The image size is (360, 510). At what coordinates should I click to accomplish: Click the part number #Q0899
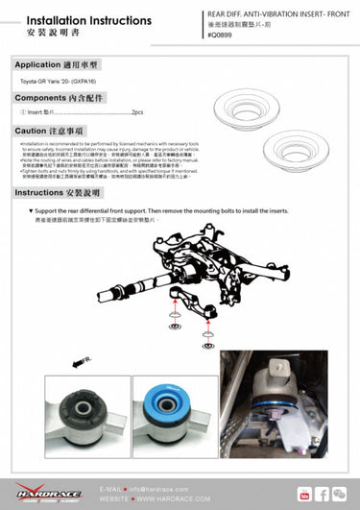pos(222,35)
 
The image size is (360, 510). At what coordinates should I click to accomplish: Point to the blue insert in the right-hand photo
pos(274,408)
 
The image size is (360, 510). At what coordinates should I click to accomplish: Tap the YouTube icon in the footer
pos(305,494)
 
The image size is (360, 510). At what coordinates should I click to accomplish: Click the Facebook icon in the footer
pos(324,494)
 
